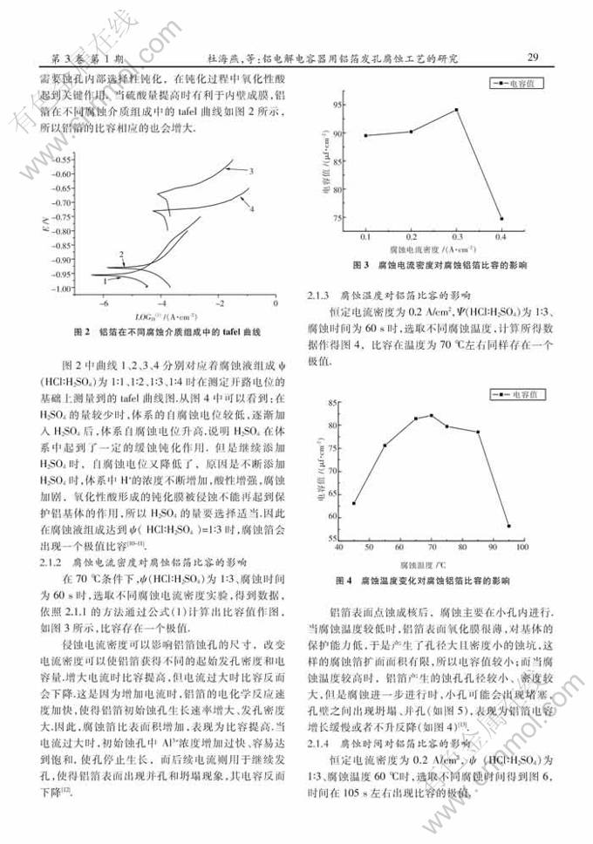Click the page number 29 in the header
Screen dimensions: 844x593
534,58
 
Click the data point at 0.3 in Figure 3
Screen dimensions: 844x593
456,110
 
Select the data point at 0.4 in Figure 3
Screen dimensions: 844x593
501,219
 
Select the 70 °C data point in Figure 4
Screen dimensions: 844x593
432,416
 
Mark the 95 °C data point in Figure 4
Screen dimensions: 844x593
508,526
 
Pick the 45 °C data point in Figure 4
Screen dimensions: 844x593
354,503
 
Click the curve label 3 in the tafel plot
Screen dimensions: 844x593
250,171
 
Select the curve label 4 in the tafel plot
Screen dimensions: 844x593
251,209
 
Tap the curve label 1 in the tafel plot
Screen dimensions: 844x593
106,281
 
